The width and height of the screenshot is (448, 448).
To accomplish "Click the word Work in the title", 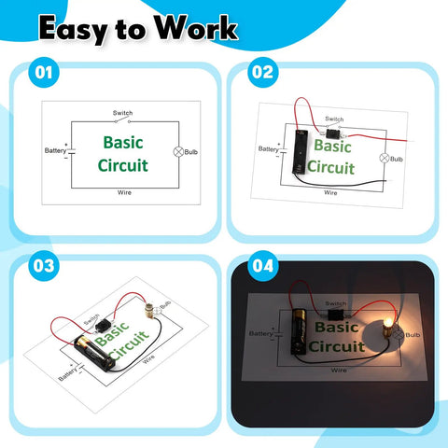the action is (196, 28).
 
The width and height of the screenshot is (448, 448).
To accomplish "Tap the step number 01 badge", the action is (44, 72).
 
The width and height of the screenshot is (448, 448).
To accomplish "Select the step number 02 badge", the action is (263, 72).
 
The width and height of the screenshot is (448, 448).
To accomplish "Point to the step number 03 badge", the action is (44, 266).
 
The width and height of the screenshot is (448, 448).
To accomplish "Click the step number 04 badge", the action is (263, 266).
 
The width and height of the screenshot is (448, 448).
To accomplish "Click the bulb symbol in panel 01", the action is (178, 152).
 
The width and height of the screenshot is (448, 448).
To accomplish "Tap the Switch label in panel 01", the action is (122, 113).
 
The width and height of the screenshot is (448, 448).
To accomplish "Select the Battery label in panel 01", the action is (55, 150).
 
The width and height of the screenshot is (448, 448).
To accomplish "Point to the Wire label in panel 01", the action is (124, 192).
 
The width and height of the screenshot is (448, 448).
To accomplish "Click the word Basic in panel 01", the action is (123, 143).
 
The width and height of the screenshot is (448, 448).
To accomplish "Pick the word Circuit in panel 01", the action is (123, 165).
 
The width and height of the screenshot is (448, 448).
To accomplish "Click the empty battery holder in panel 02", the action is (301, 152).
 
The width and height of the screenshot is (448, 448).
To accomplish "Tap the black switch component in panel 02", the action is (333, 133).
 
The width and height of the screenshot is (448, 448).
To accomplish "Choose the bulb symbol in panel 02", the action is (385, 158).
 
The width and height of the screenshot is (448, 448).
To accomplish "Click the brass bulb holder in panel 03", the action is (148, 311).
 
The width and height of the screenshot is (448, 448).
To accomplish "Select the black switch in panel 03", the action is (102, 327).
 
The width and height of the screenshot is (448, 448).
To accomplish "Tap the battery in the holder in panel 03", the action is (95, 353).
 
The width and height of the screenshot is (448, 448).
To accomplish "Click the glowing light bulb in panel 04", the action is (387, 323).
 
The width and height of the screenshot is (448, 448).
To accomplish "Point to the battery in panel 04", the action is (299, 330).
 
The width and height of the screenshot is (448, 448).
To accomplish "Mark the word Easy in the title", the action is (74, 30).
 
